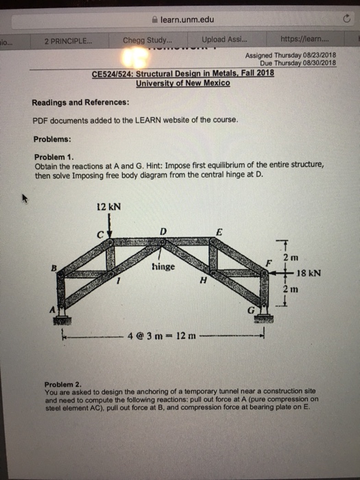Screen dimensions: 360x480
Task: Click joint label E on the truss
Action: click(x=219, y=231)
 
